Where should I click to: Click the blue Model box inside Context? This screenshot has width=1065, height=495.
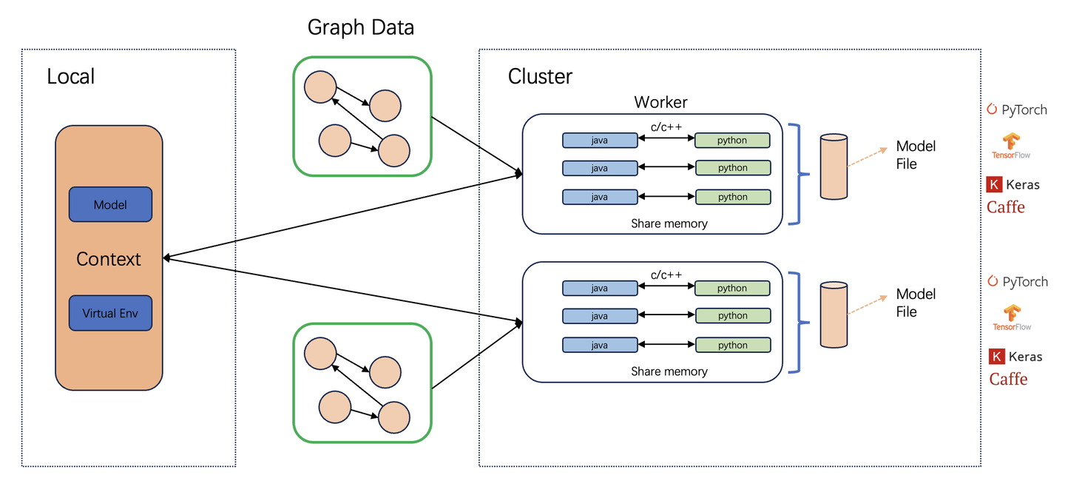(x=110, y=205)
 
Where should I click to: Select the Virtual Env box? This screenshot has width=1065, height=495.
(x=110, y=313)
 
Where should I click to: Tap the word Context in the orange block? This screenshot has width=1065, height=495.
(x=109, y=259)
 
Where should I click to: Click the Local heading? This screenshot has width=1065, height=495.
(x=70, y=76)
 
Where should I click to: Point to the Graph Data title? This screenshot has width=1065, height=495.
(x=361, y=28)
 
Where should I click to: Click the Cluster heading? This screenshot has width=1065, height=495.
(x=540, y=76)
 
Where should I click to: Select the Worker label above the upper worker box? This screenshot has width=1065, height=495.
(x=660, y=102)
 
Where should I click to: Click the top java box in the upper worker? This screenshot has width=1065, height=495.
(x=600, y=141)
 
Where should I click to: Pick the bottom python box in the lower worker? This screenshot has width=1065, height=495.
(x=733, y=345)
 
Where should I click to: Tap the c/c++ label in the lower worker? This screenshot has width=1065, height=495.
(x=666, y=275)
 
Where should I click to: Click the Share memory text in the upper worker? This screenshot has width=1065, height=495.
(x=669, y=223)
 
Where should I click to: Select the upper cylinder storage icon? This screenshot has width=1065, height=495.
(x=834, y=166)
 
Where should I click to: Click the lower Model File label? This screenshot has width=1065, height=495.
(x=916, y=303)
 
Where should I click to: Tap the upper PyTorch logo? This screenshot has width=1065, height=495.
(x=1017, y=110)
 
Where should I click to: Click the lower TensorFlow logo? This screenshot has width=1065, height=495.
(x=1012, y=317)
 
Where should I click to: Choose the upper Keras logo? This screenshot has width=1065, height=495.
(x=1013, y=185)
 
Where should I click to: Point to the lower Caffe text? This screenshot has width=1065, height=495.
(x=1009, y=379)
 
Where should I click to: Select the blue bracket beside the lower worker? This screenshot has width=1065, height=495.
(x=797, y=323)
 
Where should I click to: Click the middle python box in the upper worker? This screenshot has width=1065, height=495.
(x=733, y=168)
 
